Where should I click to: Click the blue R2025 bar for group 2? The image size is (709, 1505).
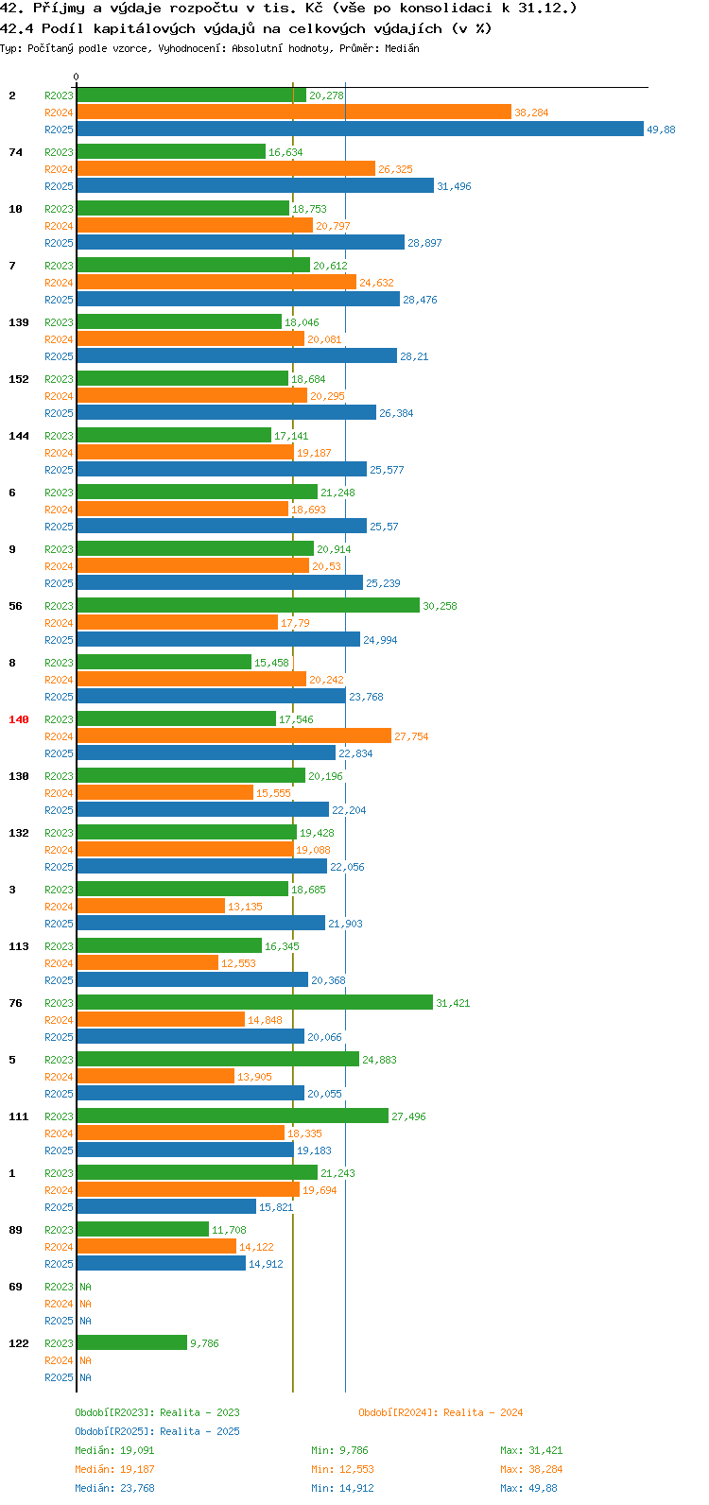[x=360, y=129]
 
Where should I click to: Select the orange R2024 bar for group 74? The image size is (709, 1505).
[x=226, y=168]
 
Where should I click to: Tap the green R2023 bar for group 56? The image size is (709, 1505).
[x=248, y=605]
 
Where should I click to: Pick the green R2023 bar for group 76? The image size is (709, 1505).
[x=254, y=1002]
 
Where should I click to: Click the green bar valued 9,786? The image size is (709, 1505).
[x=131, y=1342]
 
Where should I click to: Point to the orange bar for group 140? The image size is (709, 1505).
[x=233, y=735]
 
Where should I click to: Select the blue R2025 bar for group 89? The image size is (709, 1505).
[x=162, y=1263]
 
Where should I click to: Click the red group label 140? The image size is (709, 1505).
[x=19, y=719]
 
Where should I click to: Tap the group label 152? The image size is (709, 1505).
[x=19, y=379]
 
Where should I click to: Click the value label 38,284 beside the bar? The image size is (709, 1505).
[x=531, y=112]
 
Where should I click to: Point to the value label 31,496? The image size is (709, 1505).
[x=455, y=186]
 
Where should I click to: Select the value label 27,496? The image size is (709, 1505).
[x=408, y=1116]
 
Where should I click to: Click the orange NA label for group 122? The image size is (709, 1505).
[x=85, y=1359]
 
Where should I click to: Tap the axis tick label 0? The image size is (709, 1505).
[x=76, y=77]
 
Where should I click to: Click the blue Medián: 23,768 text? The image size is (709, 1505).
[x=115, y=1488]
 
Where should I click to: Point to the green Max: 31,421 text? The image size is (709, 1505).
[x=531, y=1450]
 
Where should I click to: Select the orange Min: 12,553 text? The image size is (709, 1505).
[x=343, y=1469]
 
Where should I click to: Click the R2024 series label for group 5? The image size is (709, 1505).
[x=59, y=1077]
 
